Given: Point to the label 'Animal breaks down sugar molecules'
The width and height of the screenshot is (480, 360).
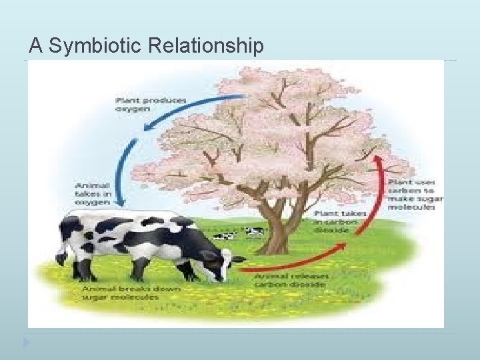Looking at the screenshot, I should [x=121, y=293].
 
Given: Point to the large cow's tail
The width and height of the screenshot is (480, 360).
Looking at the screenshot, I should [x=61, y=250].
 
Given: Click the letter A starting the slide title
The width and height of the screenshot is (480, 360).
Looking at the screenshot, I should [x=35, y=46].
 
